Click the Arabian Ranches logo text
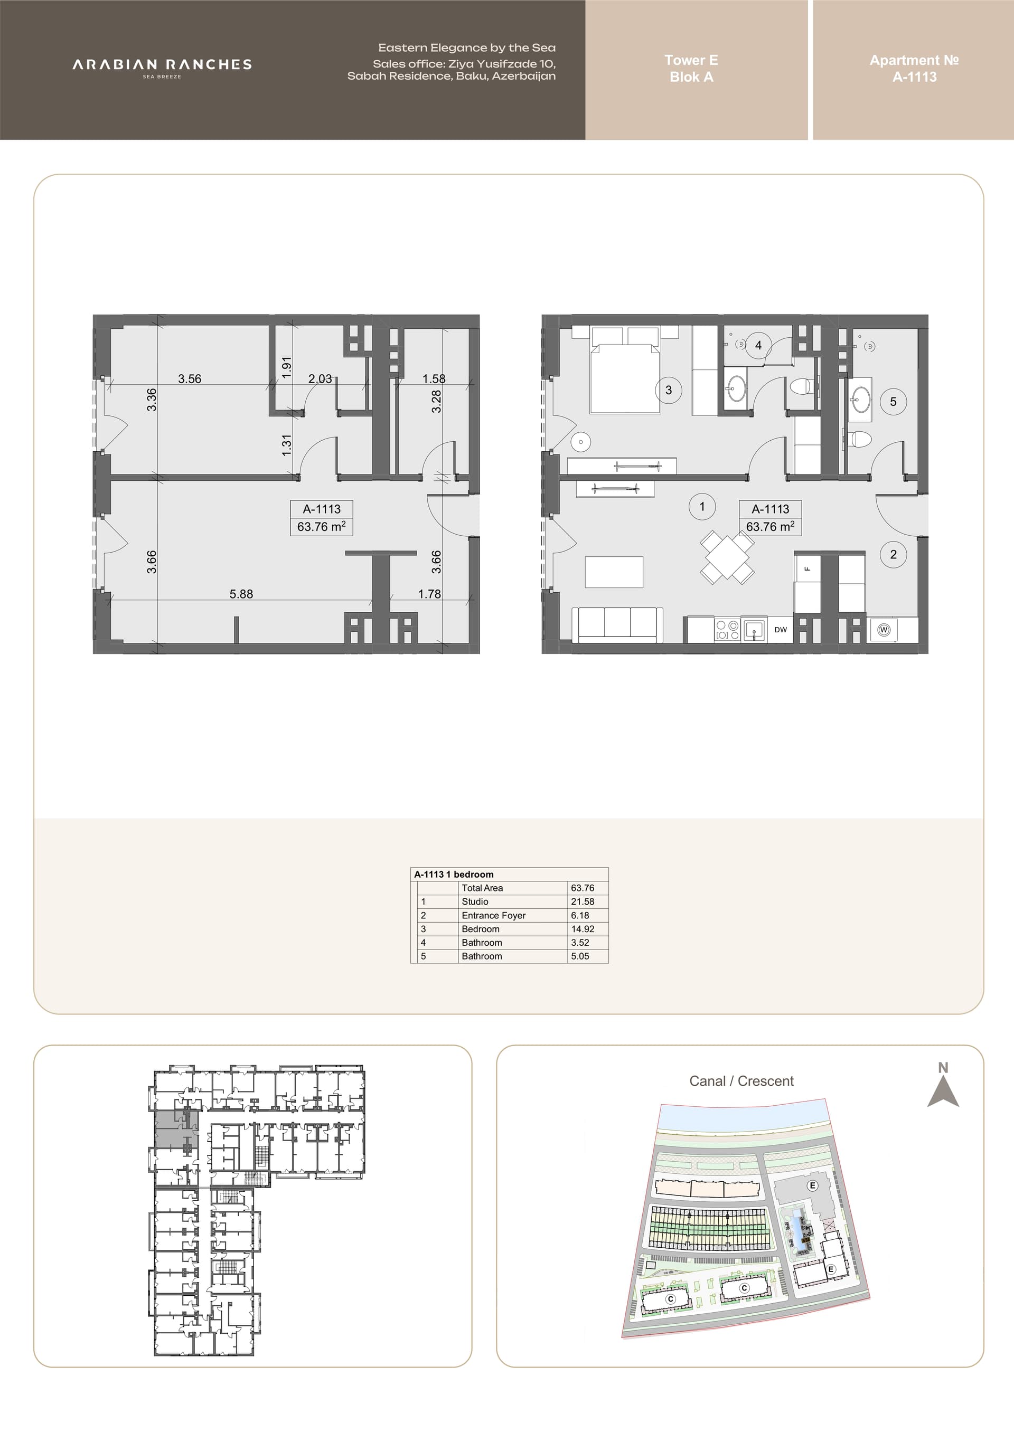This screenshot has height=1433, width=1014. click(x=162, y=64)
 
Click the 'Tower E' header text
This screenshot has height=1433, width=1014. click(x=691, y=60)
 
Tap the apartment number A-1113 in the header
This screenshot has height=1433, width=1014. click(x=914, y=77)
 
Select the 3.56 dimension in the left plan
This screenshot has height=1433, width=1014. click(x=190, y=379)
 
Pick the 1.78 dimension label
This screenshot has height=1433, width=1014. click(x=429, y=594)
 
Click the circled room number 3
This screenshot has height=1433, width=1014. click(x=669, y=390)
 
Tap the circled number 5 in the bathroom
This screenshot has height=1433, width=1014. click(x=893, y=402)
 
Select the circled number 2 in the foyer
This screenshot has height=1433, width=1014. click(x=894, y=554)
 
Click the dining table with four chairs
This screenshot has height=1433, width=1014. click(x=727, y=557)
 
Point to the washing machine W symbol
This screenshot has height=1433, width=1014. click(x=884, y=630)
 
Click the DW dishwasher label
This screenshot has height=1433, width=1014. click(x=781, y=630)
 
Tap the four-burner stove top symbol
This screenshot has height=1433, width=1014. click(x=727, y=630)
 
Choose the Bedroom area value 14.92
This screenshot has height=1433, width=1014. click(x=583, y=929)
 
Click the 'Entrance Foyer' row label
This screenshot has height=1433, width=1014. click(x=493, y=915)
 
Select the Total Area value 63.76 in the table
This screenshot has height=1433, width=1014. click(x=583, y=888)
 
